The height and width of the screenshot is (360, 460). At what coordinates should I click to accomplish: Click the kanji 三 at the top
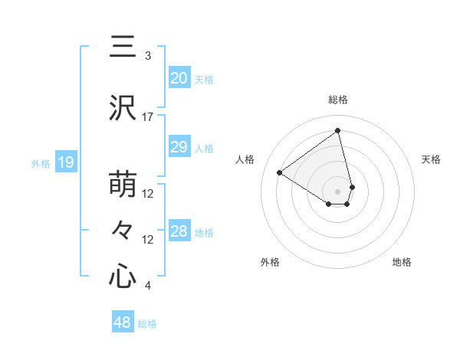[x=123, y=47]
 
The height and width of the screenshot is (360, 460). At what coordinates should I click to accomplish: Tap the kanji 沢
[x=123, y=108]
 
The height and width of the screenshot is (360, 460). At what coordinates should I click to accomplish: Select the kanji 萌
[x=123, y=184]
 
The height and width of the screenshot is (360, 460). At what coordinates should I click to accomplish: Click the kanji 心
[x=123, y=276]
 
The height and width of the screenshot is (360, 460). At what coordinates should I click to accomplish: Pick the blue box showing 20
[x=179, y=78]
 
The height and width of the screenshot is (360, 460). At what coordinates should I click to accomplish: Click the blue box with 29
[x=179, y=148]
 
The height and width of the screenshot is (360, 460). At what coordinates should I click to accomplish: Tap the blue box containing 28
[x=179, y=231]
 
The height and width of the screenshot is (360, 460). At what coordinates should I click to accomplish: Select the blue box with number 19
[x=66, y=162]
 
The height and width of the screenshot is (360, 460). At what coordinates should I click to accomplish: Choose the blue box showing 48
[x=122, y=322]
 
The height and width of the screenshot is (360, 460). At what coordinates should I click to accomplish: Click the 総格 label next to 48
[x=147, y=324]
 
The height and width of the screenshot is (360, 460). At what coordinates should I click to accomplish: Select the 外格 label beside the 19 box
[x=41, y=163]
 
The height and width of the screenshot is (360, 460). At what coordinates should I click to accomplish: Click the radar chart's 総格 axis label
[x=338, y=100]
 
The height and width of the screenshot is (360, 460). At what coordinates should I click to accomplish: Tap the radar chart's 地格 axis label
[x=402, y=262]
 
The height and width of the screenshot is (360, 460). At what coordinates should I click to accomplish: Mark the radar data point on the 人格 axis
[x=280, y=172]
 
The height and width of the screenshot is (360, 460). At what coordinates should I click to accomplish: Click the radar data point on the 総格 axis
[x=338, y=131]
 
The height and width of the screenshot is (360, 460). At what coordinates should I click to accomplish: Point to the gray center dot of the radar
[x=337, y=191]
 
